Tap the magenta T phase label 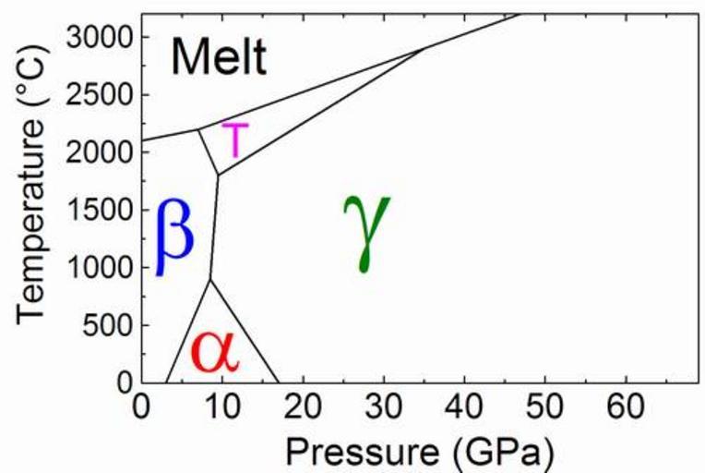click(x=235, y=140)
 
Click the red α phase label click(x=214, y=351)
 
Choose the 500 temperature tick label click(x=107, y=325)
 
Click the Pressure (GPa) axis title click(x=421, y=452)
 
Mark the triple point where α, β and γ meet click(x=210, y=278)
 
